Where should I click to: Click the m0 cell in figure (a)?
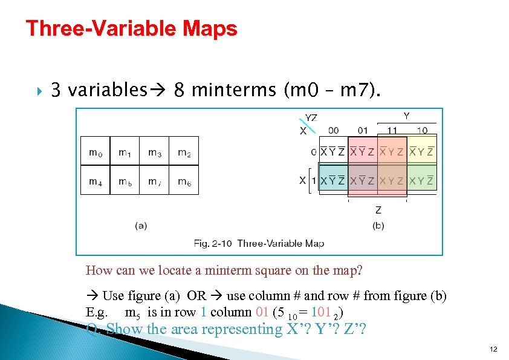click(x=96, y=152)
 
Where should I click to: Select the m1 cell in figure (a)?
click(x=125, y=152)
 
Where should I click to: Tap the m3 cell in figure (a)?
click(x=155, y=152)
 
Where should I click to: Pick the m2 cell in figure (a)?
click(x=184, y=152)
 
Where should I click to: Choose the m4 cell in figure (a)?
click(x=96, y=181)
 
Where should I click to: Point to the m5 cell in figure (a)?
click(x=125, y=181)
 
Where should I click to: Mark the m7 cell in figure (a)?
click(x=155, y=181)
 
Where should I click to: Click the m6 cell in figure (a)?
click(x=184, y=181)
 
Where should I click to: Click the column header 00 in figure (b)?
click(x=333, y=130)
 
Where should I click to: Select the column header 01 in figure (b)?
click(x=363, y=130)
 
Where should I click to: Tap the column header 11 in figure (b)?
click(x=392, y=130)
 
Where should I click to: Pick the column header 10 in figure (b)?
click(x=422, y=130)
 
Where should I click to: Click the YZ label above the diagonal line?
click(x=311, y=118)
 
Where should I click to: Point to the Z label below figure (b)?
click(x=378, y=210)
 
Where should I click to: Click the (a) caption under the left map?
click(x=140, y=226)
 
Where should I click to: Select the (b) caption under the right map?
click(x=378, y=226)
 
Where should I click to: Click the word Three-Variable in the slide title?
click(x=96, y=28)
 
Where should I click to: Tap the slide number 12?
click(x=493, y=350)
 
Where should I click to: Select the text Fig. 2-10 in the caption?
click(x=213, y=243)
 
